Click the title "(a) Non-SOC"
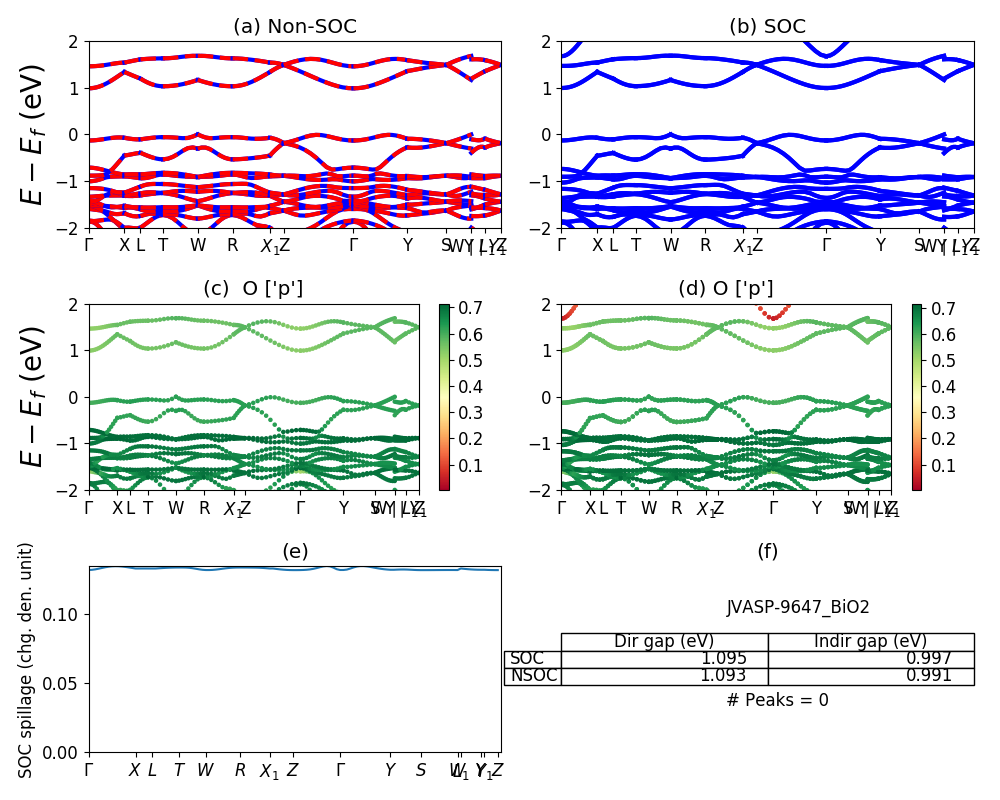point(294,27)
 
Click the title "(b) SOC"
point(767,27)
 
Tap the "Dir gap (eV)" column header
point(664,642)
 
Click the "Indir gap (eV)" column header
point(870,642)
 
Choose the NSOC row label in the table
point(533,676)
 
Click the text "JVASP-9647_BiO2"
point(798,607)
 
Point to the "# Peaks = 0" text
point(777,700)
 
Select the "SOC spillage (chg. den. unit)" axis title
point(27,660)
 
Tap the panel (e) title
point(294,551)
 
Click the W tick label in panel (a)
point(198,246)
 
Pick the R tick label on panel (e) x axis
point(240,771)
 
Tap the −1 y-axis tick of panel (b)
point(543,181)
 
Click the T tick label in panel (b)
point(636,246)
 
